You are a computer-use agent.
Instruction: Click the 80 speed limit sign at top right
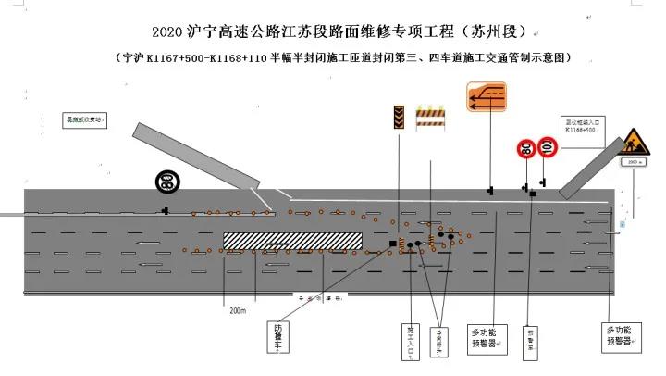525,148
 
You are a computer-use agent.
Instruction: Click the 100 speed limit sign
546,145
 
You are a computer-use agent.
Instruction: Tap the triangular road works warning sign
635,143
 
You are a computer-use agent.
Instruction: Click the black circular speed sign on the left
167,182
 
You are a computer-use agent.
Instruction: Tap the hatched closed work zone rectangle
291,241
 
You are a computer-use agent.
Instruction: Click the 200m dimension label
238,311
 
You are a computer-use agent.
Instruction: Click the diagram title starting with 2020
332,32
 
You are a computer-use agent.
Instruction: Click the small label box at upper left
85,119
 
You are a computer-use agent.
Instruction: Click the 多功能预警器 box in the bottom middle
487,337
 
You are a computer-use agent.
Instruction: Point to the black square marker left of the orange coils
393,244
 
